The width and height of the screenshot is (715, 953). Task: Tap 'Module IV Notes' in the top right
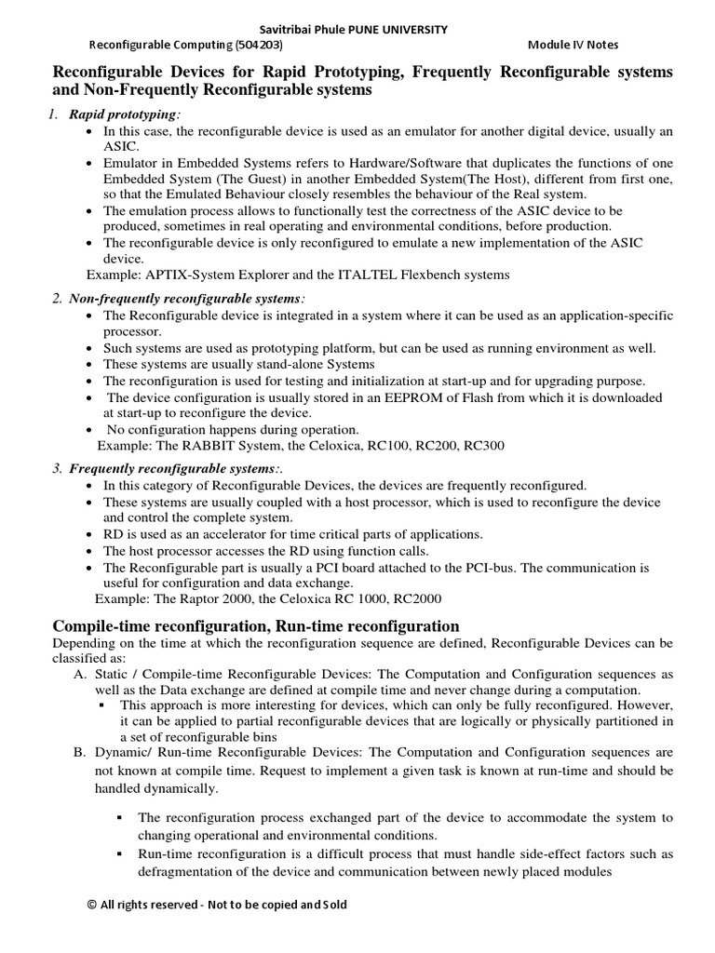click(573, 45)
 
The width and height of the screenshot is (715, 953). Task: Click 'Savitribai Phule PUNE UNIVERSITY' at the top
click(357, 30)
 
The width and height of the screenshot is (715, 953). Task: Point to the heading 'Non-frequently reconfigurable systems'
click(185, 298)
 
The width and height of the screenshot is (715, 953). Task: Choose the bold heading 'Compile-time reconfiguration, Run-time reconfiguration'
click(256, 626)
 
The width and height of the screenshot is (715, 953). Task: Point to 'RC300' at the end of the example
click(484, 445)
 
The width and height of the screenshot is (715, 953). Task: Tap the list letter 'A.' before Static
click(79, 673)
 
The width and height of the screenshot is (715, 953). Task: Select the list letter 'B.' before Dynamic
click(79, 750)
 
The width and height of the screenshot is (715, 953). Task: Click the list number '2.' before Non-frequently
click(57, 298)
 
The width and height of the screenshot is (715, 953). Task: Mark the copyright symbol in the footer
click(91, 905)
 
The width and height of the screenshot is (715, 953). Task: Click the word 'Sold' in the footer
click(331, 905)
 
